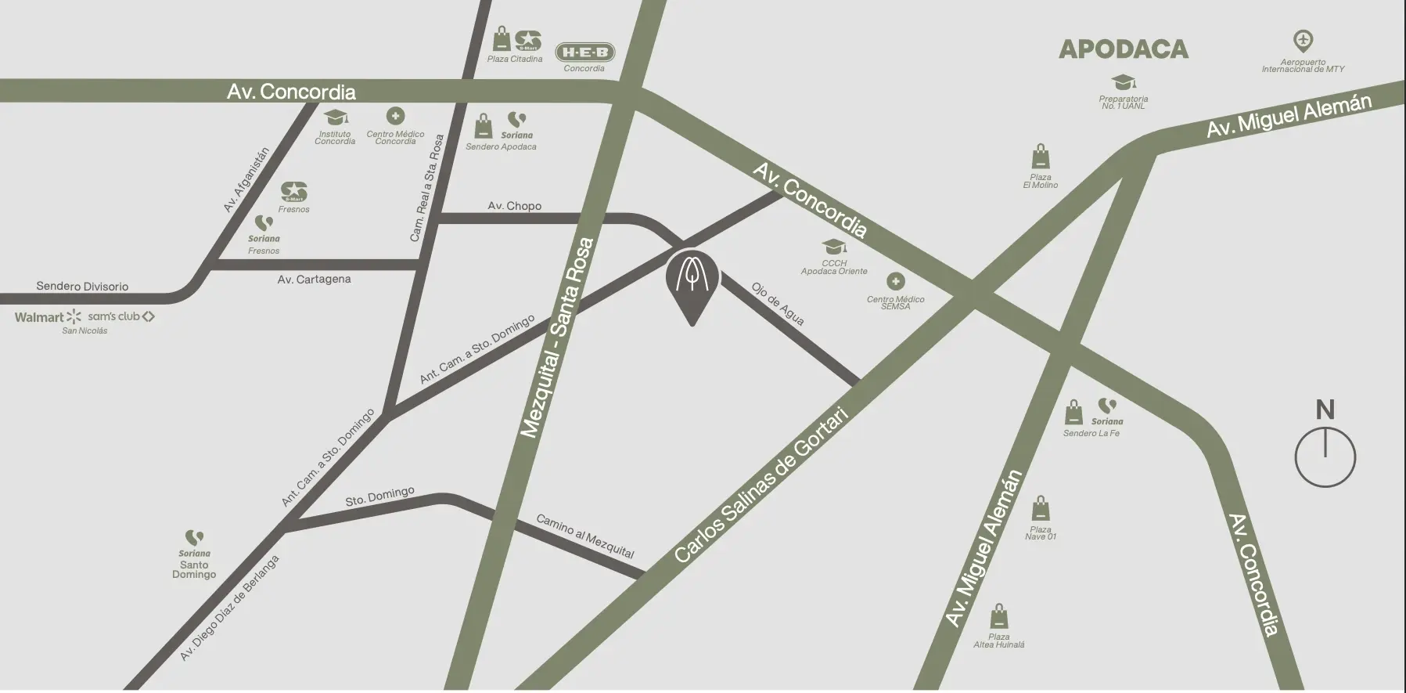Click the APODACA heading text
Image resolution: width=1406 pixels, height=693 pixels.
[x=1123, y=49]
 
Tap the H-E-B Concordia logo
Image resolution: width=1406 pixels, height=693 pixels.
[x=585, y=52]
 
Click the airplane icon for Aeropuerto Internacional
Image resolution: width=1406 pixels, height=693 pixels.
[x=1303, y=40]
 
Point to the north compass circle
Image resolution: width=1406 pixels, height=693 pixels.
[x=1325, y=457]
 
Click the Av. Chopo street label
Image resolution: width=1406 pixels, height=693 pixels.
[x=514, y=206]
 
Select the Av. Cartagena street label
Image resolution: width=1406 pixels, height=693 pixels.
[x=314, y=280]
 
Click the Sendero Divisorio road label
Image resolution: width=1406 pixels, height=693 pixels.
[x=82, y=287]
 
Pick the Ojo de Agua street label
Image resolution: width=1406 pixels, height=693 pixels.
[x=778, y=304]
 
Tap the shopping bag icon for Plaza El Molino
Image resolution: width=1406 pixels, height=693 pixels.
[x=1040, y=157]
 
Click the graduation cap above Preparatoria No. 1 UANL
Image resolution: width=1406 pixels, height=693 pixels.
[x=1124, y=82]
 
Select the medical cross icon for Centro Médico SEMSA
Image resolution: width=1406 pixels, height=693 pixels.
[x=895, y=281]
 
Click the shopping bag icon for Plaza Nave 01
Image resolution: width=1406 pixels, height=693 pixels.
[x=1040, y=509]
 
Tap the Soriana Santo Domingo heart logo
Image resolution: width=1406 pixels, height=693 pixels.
[x=194, y=538]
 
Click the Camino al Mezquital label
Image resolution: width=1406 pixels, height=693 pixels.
[x=584, y=536]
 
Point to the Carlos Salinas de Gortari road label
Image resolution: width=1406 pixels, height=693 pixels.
[x=761, y=485]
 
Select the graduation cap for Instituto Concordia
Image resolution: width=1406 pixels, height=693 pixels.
[x=336, y=117]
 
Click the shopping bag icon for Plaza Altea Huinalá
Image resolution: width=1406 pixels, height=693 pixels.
[x=998, y=617]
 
